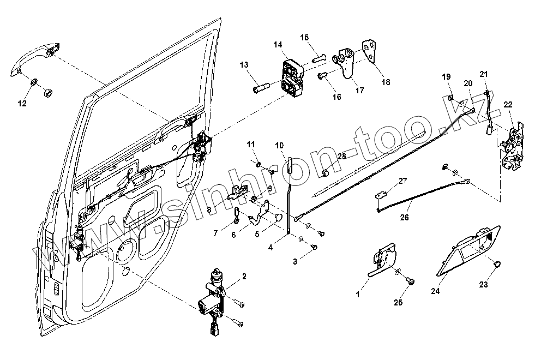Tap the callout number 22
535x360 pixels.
[508, 104]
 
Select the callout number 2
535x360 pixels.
[244, 277]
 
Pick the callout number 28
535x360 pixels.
[342, 157]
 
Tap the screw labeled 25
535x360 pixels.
[412, 281]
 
